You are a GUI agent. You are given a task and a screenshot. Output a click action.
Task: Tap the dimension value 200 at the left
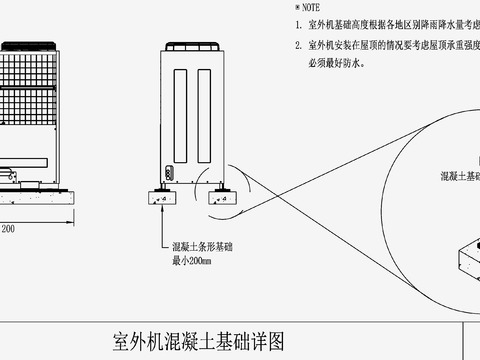coord(7,229)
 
